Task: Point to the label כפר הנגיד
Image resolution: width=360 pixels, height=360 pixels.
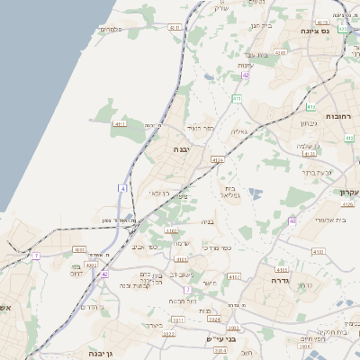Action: [202, 129]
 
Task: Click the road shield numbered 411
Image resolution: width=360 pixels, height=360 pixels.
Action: [236, 98]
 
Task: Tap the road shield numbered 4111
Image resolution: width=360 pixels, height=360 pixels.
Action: [119, 123]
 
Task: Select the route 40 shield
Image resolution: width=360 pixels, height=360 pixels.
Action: [292, 220]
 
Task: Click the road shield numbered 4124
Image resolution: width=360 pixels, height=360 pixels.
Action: [217, 160]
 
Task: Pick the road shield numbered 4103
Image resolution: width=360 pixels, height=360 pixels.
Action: [281, 269]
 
